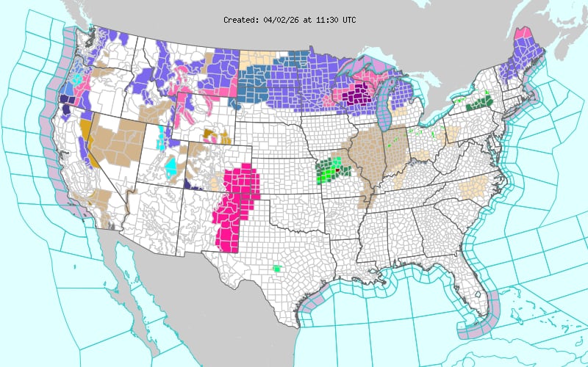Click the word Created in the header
coord(241,20)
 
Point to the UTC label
coord(347,20)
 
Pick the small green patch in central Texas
coord(276,269)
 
